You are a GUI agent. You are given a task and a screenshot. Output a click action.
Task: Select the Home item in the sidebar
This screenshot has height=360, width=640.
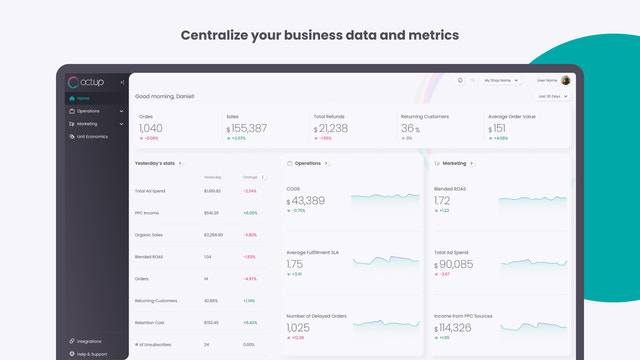82,98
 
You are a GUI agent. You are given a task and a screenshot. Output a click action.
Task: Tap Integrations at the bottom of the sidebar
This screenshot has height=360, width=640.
92,341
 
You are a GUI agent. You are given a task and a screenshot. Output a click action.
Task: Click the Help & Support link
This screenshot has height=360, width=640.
93,353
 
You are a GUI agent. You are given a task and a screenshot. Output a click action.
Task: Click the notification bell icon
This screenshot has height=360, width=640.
460,80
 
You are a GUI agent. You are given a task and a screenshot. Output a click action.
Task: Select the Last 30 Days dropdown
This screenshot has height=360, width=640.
553,96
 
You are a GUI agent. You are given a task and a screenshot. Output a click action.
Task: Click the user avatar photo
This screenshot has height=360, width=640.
566,80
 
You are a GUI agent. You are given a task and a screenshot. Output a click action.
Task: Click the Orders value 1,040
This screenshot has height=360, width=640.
151,128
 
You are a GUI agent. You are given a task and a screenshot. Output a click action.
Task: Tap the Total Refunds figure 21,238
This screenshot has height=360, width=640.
334,128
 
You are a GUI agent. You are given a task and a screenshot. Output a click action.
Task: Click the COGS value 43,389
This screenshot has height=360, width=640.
309,200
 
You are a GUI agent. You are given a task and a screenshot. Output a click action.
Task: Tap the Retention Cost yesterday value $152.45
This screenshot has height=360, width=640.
212,322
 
